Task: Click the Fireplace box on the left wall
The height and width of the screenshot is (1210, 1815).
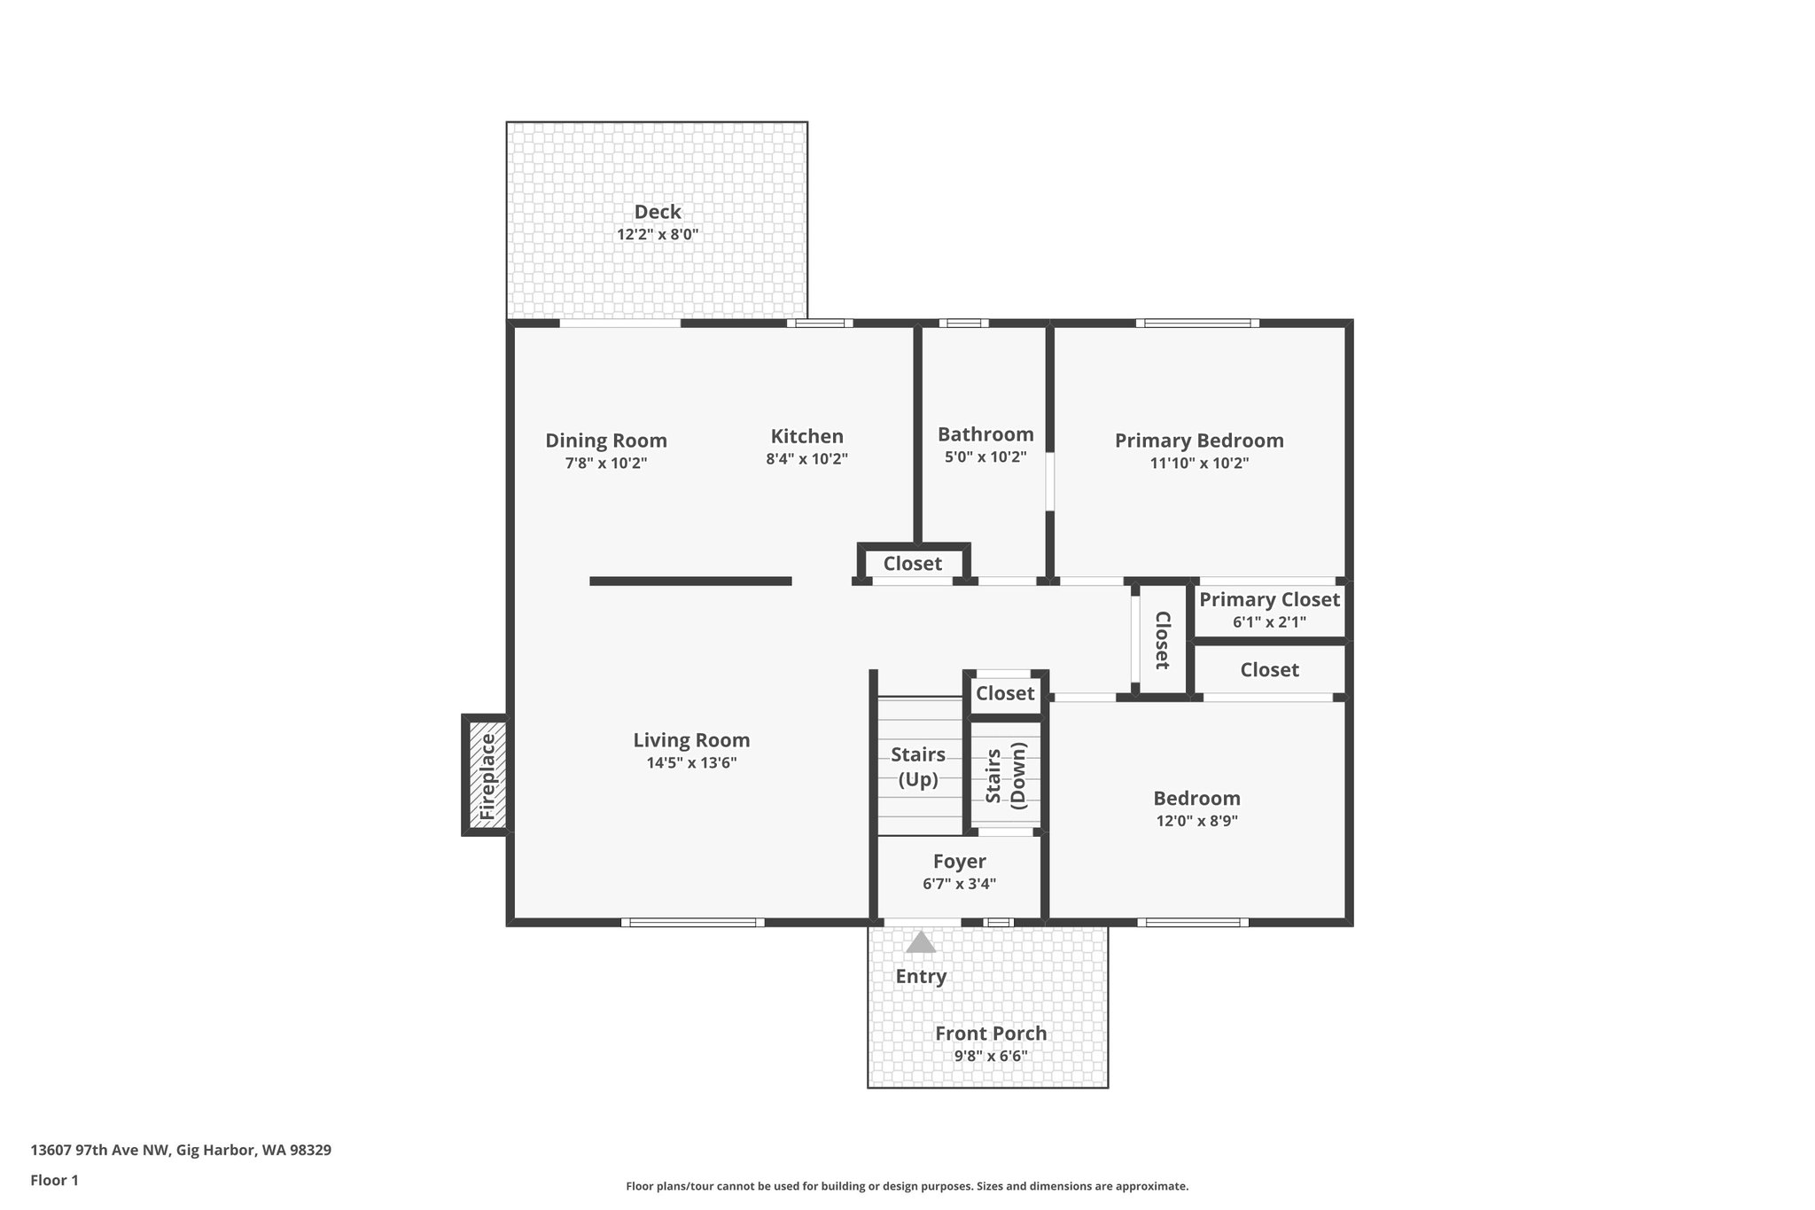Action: coord(487,776)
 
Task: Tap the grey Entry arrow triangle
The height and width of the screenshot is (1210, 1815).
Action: coord(921,942)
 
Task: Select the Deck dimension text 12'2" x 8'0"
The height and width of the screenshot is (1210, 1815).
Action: coord(658,235)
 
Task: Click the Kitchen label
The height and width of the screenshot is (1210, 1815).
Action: coord(806,436)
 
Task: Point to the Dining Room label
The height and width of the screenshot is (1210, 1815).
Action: coord(605,441)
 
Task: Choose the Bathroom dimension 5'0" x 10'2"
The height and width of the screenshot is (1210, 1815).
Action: coord(985,457)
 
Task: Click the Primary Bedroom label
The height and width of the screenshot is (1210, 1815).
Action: coord(1198,441)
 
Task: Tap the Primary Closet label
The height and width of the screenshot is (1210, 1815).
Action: coord(1269,599)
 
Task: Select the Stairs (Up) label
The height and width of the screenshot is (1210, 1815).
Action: coord(918,767)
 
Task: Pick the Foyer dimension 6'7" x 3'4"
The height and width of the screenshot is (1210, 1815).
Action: coord(959,884)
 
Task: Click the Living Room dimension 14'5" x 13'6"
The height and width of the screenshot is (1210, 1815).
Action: coord(691,762)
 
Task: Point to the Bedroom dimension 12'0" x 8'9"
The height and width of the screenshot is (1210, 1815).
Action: coord(1196,821)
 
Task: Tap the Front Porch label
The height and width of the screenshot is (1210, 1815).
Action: coord(991,1034)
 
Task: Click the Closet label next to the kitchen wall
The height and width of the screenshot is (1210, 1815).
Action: coord(912,564)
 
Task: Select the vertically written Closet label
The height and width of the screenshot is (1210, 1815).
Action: coord(1162,640)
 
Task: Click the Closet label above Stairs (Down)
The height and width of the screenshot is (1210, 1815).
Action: coord(1005,693)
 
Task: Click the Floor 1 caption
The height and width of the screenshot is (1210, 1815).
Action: coord(54,1180)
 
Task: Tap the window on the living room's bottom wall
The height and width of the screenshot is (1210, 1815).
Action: coord(692,923)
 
